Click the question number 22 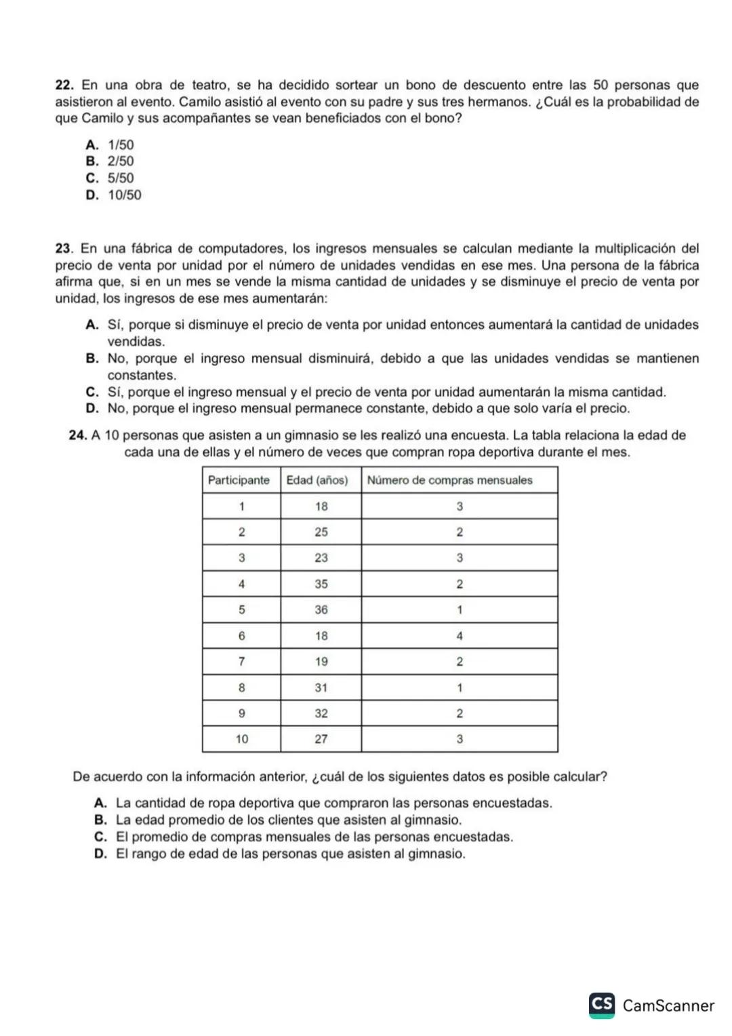tap(64, 85)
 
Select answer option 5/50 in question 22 tap(121, 178)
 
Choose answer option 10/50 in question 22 tap(125, 195)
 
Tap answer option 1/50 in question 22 tap(121, 145)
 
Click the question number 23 tap(64, 249)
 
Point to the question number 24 tap(78, 435)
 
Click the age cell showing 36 tap(321, 610)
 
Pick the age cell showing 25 tap(321, 532)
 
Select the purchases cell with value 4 tap(460, 636)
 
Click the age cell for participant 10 tap(321, 739)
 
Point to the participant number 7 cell tap(241, 662)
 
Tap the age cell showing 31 tap(321, 688)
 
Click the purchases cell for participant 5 tap(460, 610)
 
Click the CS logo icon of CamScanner tap(602, 1005)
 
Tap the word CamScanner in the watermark tap(668, 1005)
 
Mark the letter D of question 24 tap(101, 854)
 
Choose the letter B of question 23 tap(93, 359)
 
